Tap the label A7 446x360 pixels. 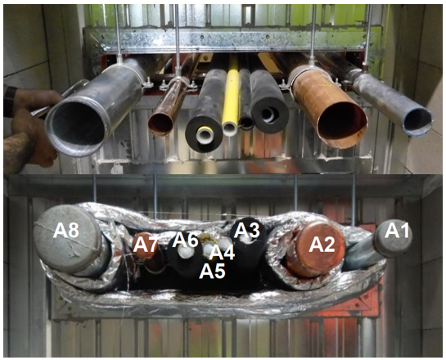coord(146,245)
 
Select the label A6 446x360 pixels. coord(185,240)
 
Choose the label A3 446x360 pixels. coord(246,230)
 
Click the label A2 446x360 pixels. coord(322,245)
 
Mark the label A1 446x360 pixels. coord(397,230)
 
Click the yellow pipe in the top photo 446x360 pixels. coord(232,94)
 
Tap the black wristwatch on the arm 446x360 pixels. coord(10,101)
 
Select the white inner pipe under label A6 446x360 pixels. coord(186,251)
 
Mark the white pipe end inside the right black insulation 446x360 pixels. coord(268,115)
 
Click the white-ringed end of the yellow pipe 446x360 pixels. coord(230,129)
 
